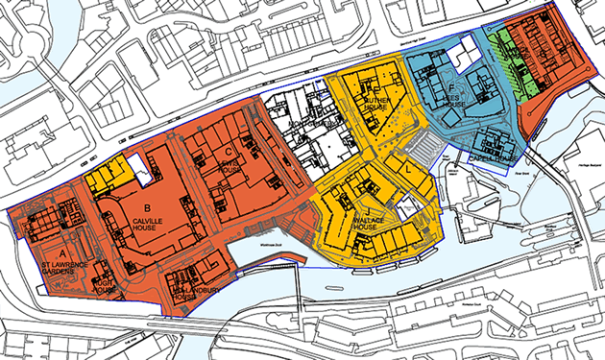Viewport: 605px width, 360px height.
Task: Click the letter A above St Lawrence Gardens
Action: (37, 250)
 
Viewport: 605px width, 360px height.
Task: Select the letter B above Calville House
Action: (147, 205)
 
